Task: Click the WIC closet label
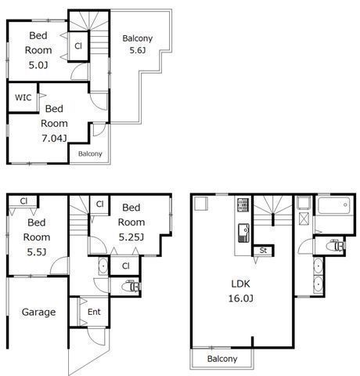(23, 98)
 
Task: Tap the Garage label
(38, 312)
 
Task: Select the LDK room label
(240, 284)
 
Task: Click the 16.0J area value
(240, 298)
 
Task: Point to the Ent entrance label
(94, 312)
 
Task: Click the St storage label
(263, 251)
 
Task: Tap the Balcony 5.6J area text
(138, 50)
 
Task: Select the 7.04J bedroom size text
(54, 139)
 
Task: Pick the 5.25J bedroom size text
(131, 237)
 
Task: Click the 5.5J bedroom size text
(37, 252)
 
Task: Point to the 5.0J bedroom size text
(38, 65)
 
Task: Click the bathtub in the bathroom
(334, 205)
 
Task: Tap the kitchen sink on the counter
(243, 233)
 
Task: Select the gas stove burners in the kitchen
(243, 205)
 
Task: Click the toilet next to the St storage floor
(337, 246)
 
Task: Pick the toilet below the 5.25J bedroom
(131, 286)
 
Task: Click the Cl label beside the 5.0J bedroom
(78, 46)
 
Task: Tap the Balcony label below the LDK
(222, 359)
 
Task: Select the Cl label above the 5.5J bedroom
(23, 201)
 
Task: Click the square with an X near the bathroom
(304, 219)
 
